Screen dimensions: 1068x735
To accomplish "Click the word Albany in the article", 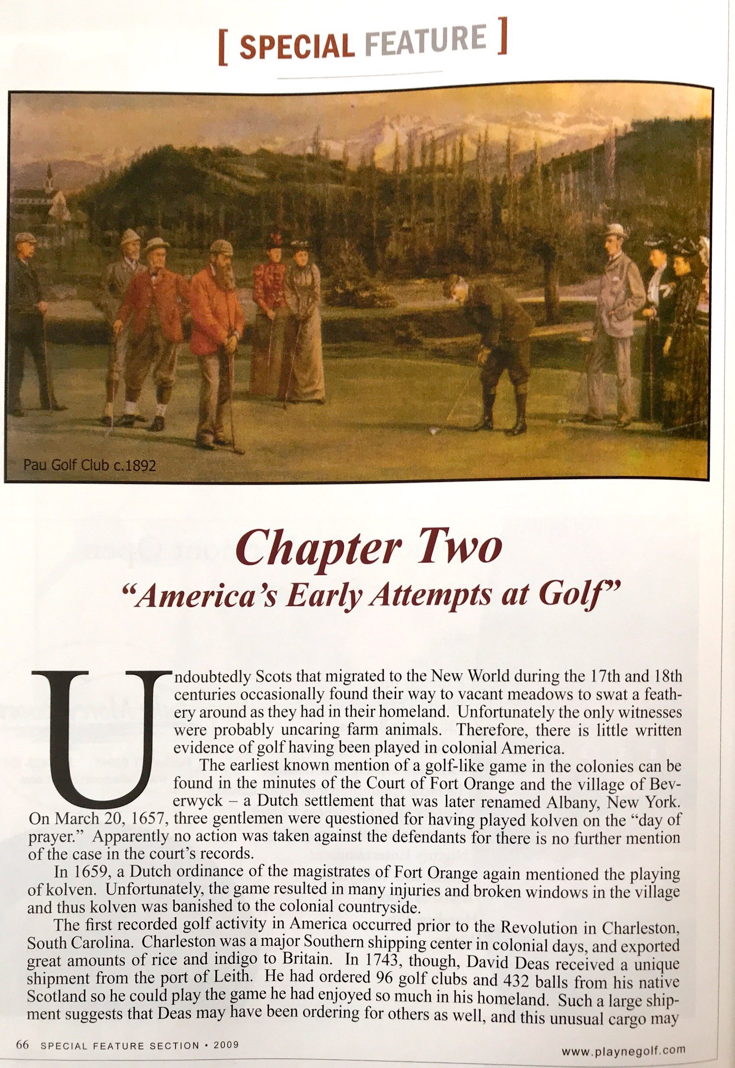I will tap(575, 804).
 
